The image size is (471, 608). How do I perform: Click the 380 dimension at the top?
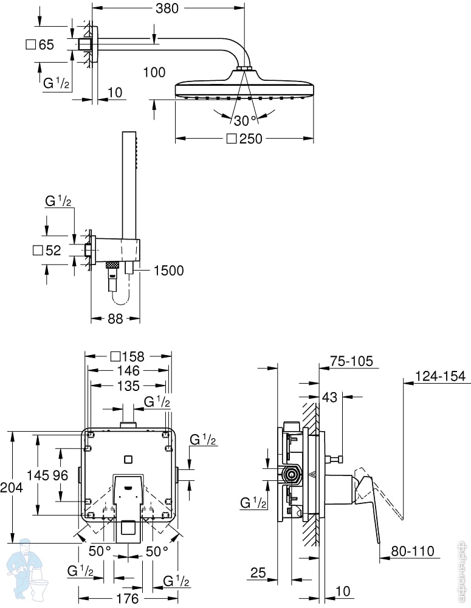coord(167,8)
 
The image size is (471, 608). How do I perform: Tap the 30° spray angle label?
coord(246,120)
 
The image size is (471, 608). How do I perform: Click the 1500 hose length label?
coord(168,271)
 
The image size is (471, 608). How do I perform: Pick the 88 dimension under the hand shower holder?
coord(115,319)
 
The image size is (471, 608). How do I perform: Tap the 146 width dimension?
coord(128,371)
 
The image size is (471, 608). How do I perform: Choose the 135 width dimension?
coord(128,386)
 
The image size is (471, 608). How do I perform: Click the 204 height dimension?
coord(11,487)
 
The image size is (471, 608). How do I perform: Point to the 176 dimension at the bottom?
coord(128,598)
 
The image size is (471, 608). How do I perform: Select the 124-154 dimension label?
coord(440,376)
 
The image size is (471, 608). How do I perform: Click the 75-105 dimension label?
coord(352,361)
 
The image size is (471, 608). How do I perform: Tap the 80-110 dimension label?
coord(413,551)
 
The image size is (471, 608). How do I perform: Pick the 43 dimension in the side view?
coord(330,397)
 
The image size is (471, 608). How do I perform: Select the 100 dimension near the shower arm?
coord(154,72)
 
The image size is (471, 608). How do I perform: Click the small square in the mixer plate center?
coord(128,460)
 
